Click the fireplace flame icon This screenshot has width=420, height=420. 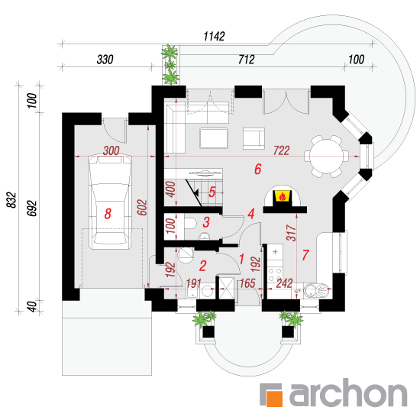pyautogui.click(x=282, y=196)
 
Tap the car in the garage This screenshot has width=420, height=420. pyautogui.click(x=110, y=202)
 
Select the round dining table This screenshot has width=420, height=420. pyautogui.click(x=327, y=156)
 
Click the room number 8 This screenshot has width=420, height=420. pyautogui.click(x=108, y=214)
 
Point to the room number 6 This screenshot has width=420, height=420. pyautogui.click(x=257, y=169)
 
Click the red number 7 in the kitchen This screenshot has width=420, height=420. pyautogui.click(x=305, y=255)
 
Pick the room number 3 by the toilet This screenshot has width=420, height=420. pyautogui.click(x=206, y=222)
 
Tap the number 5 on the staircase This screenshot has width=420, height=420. pyautogui.click(x=212, y=192)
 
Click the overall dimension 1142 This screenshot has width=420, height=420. pyautogui.click(x=214, y=36)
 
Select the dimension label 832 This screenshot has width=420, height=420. pyautogui.click(x=11, y=200)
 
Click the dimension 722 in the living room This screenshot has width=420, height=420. pyautogui.click(x=282, y=150)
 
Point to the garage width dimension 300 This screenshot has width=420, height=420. pyautogui.click(x=111, y=150)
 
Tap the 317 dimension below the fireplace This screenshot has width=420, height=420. pyautogui.click(x=292, y=233)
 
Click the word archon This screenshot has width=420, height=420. pyautogui.click(x=348, y=393)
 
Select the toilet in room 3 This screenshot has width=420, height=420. pyautogui.click(x=190, y=224)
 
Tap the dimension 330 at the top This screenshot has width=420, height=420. pyautogui.click(x=105, y=60)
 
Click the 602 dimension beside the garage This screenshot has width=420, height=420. pyautogui.click(x=142, y=207)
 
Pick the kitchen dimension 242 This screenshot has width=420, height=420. pyautogui.click(x=284, y=283)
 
